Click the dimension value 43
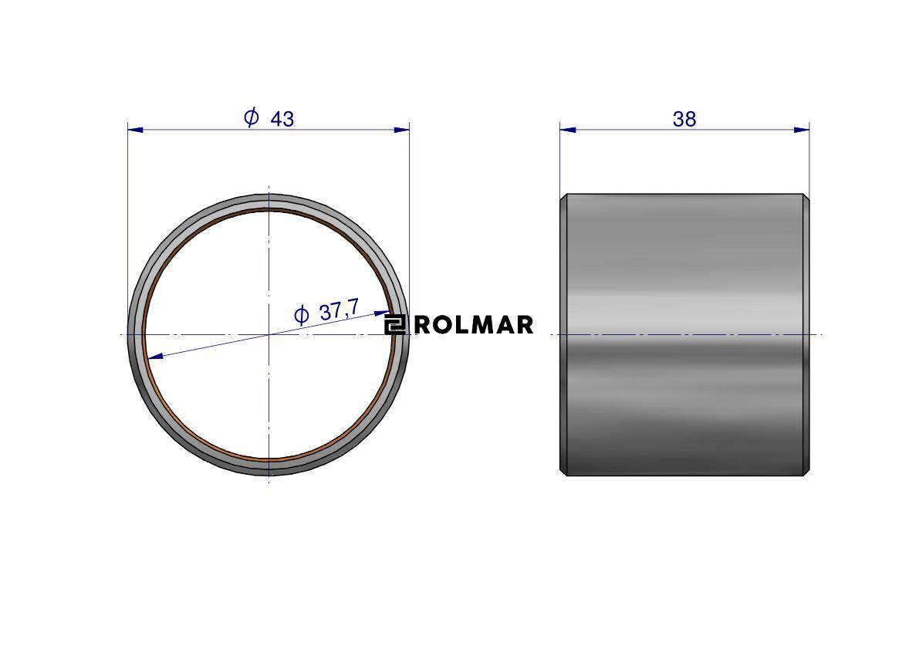282,119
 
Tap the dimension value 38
684,119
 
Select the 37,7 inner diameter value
339,310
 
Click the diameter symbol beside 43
252,117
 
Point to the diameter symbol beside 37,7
301,315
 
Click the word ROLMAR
474,325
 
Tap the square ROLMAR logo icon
394,325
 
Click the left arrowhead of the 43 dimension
135,130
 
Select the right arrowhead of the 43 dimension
401,130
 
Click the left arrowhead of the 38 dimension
567,130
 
